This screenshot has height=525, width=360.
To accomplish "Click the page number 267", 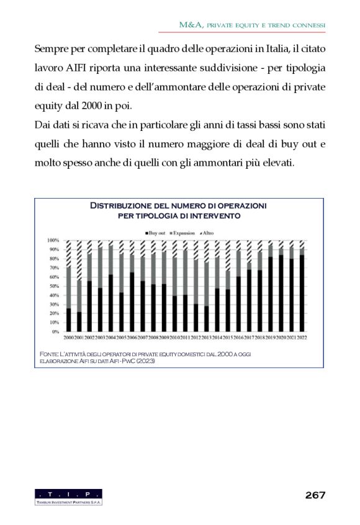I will pos(315,495).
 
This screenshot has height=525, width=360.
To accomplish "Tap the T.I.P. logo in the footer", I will pos(69,496).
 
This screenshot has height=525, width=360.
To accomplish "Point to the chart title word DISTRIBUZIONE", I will pos(131,205).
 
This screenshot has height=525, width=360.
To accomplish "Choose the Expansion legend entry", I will pos(184,232).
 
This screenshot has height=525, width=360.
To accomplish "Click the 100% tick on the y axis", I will pos(53,240).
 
